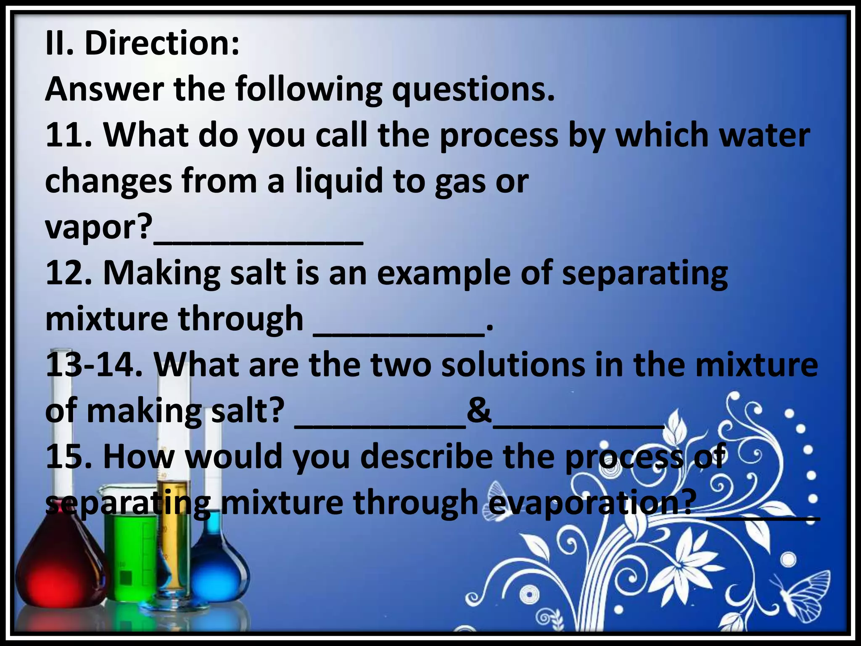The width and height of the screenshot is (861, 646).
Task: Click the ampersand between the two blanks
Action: [479, 410]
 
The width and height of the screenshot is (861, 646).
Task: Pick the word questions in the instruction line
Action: [473, 90]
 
